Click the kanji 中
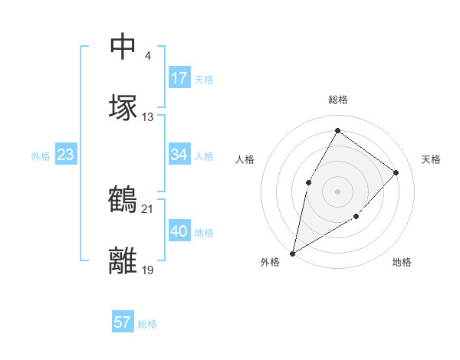123,47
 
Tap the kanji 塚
123,107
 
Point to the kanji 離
123,260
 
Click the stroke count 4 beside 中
147,56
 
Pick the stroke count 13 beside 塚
148,117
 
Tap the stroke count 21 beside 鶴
148,208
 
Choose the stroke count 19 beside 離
148,270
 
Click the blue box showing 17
179,78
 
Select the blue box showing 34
179,155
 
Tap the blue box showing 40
179,231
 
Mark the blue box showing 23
66,155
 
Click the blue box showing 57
123,322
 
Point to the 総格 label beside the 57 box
147,324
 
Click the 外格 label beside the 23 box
41,156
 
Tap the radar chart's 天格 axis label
431,159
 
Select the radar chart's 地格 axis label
402,262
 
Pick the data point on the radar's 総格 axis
337,130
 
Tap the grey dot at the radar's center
337,191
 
